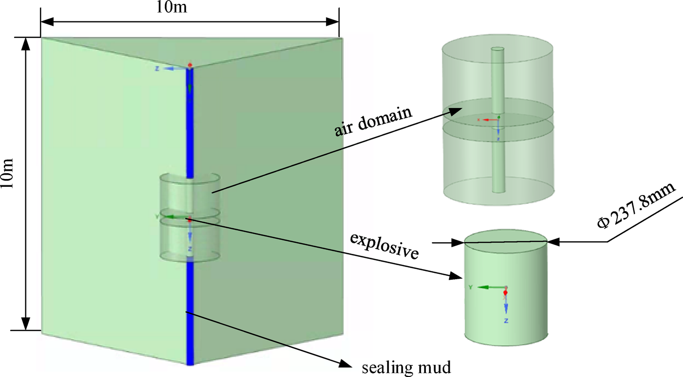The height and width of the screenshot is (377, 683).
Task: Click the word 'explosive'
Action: (384, 246)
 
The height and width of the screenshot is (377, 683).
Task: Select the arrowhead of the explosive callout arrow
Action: (457, 277)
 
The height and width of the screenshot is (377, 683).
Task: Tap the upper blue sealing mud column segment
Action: (190, 122)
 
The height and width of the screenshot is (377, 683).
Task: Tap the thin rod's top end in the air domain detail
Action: (498, 50)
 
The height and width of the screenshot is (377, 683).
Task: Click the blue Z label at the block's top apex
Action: (157, 69)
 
